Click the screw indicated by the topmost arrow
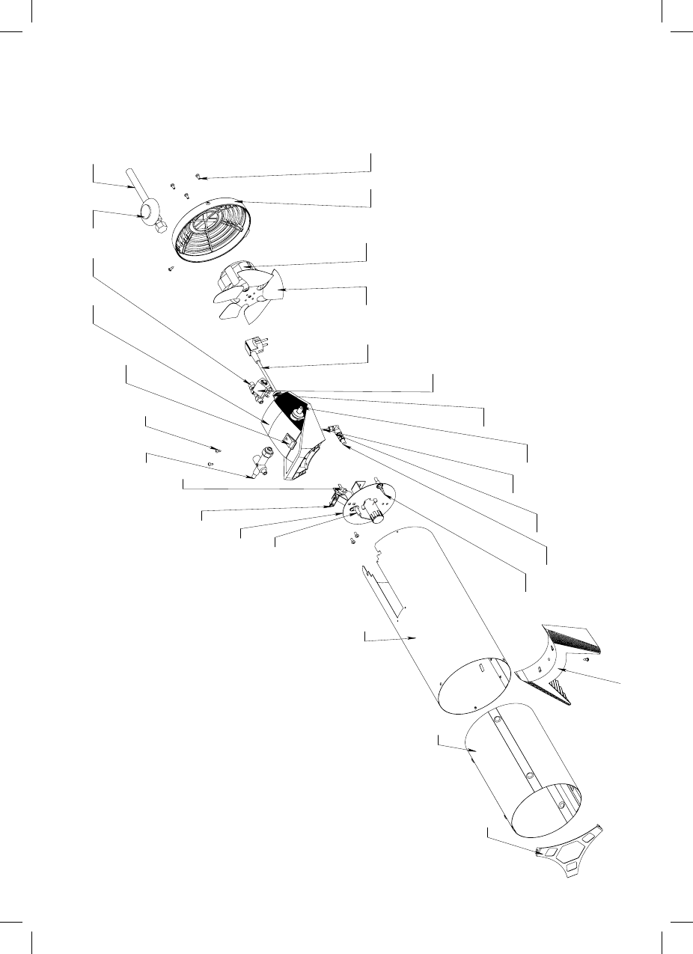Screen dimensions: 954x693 coord(198,177)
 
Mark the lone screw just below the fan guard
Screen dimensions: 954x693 coord(171,269)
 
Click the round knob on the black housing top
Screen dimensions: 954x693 coord(299,410)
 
